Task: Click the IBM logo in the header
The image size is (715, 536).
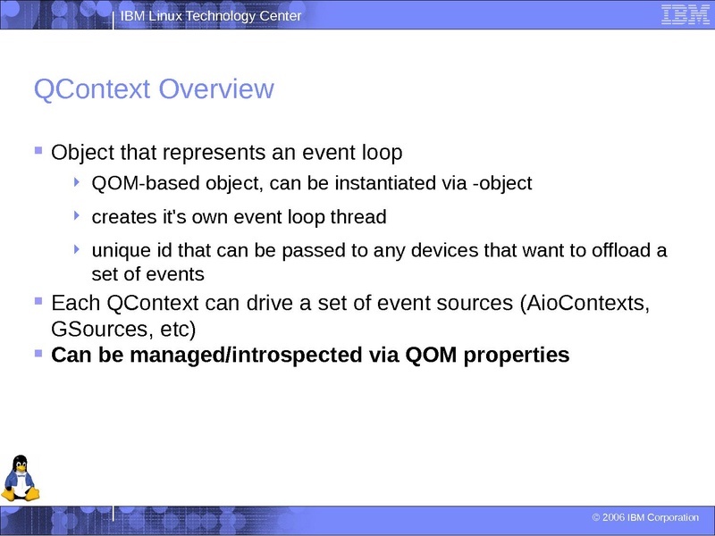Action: (686, 14)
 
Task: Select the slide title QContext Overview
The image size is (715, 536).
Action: (153, 89)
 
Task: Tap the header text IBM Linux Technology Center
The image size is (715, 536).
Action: (211, 17)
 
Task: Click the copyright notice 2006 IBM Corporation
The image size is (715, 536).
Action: (645, 518)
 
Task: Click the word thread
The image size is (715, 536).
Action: (358, 217)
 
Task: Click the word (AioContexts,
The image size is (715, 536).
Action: (584, 303)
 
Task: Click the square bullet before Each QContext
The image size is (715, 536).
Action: (38, 301)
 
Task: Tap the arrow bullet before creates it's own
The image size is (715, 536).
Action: (78, 215)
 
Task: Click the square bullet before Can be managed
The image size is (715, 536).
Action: (38, 354)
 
